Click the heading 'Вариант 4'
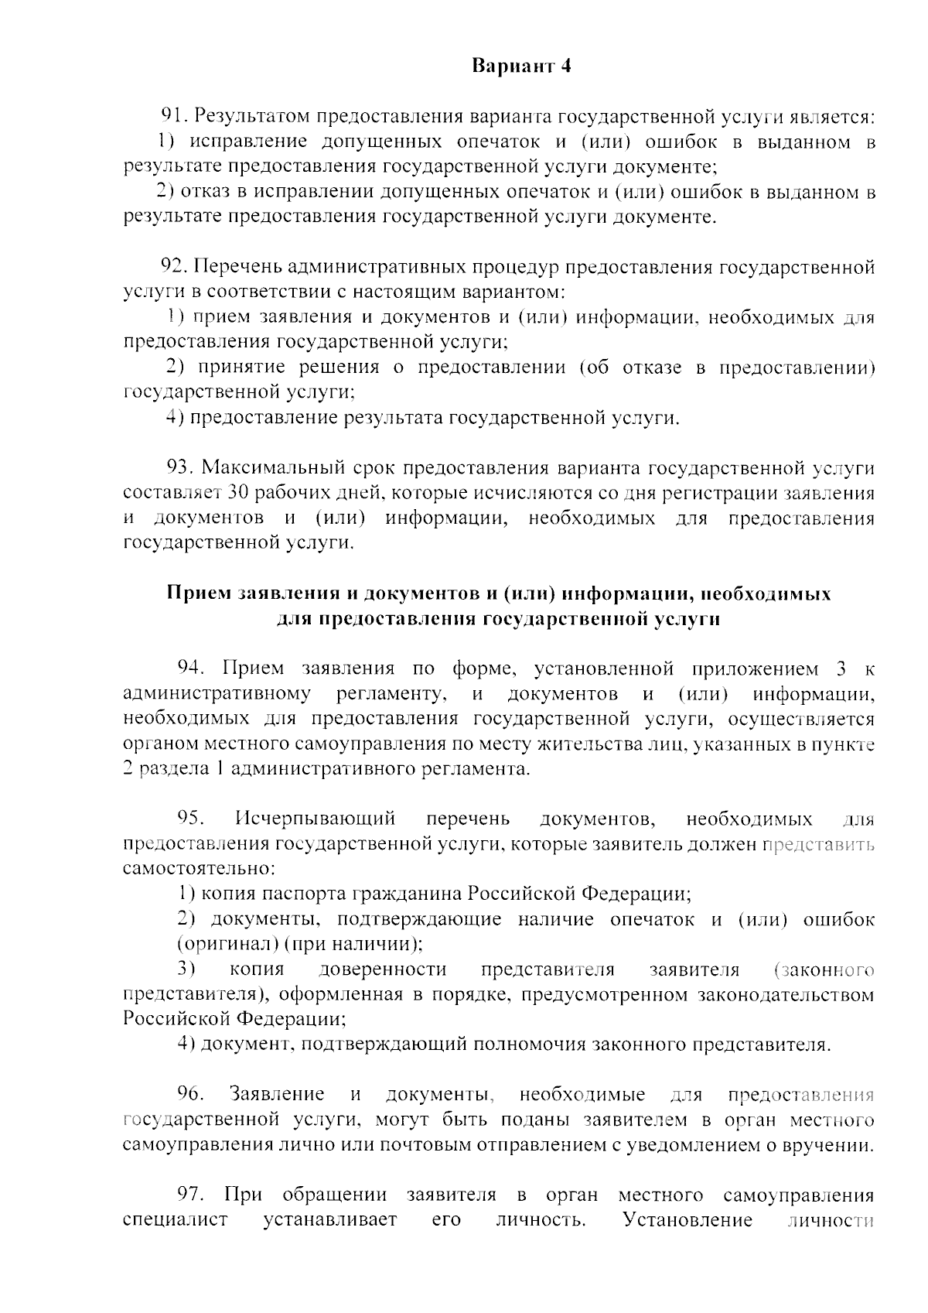(522, 66)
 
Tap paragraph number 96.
(190, 1094)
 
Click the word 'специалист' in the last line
(176, 1220)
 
